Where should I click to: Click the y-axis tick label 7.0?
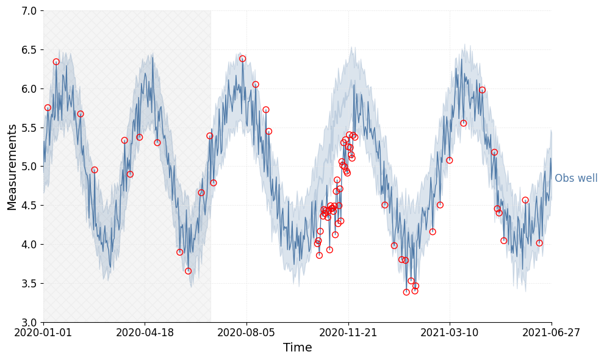[x=29, y=11]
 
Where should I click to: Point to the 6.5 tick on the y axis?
[x=29, y=50]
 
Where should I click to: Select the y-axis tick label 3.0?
[x=29, y=322]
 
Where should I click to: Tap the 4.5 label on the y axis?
[x=29, y=206]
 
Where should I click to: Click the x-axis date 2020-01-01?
[x=43, y=333]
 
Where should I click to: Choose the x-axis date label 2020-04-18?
[x=145, y=333]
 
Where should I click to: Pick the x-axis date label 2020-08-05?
[x=246, y=333]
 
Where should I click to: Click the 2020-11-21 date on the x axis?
[x=348, y=333]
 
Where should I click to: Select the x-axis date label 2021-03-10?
[x=450, y=333]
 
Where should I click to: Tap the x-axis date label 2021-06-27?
[x=551, y=333]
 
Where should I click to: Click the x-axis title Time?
[x=297, y=348]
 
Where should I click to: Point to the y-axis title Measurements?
[x=12, y=167]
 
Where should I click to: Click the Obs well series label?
[x=576, y=179]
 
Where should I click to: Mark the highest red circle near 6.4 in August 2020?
[x=242, y=59]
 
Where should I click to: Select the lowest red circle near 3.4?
[x=406, y=292]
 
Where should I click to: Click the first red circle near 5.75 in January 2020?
[x=48, y=107]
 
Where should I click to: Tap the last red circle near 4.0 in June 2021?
[x=539, y=243]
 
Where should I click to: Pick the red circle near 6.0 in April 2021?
[x=482, y=90]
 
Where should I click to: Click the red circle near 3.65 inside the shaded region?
[x=188, y=271]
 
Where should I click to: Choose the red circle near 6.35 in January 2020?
[x=56, y=62]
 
